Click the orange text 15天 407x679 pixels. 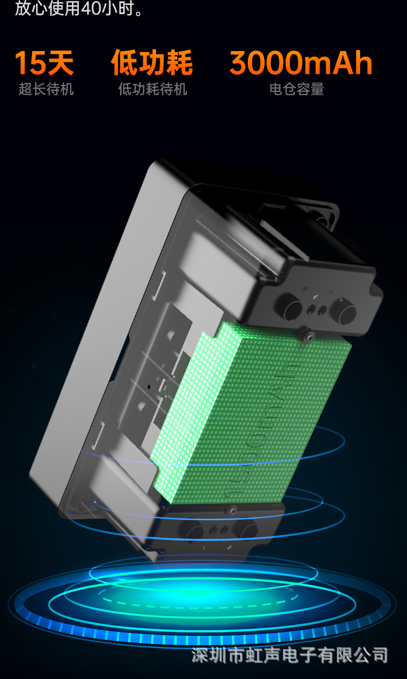pyautogui.click(x=44, y=62)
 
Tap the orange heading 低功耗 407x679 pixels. pyautogui.click(x=151, y=62)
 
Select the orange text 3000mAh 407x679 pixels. pyautogui.click(x=301, y=62)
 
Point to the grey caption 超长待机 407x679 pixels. pyautogui.click(x=46, y=89)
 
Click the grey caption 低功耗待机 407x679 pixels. pyautogui.click(x=152, y=89)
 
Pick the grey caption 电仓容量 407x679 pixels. pyautogui.click(x=297, y=89)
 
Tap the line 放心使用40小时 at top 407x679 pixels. pyautogui.click(x=78, y=8)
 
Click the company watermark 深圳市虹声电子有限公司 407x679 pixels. pyautogui.click(x=290, y=655)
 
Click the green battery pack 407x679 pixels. pyautogui.click(x=251, y=412)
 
